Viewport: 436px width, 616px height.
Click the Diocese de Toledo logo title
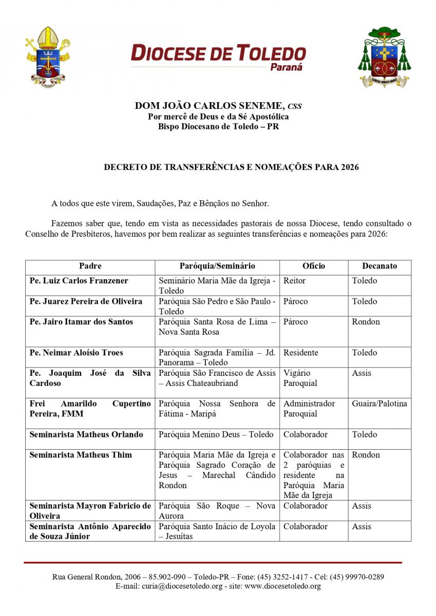coord(218,53)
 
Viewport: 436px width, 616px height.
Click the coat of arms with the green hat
coord(385,57)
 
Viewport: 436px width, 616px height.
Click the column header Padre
coord(90,266)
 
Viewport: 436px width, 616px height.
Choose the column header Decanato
coord(379,266)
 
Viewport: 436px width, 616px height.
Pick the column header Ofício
coord(313,266)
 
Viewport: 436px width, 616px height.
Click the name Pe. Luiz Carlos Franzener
coord(79,281)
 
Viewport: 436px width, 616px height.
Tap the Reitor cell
coord(294,281)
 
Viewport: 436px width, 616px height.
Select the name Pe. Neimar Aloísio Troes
coord(76,353)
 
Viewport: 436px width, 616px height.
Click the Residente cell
coord(300,353)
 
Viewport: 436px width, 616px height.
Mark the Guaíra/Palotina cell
coord(379,403)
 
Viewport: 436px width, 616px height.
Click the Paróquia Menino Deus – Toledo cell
coord(216,434)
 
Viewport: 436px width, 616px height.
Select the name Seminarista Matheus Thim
coord(80,455)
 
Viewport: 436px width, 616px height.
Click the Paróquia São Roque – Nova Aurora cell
coord(217,511)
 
